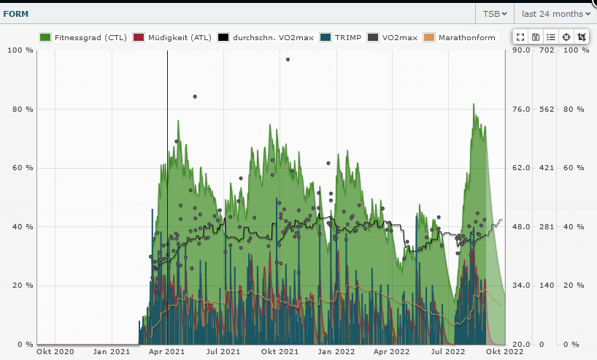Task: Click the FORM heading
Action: (16, 14)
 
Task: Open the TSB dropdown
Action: (495, 14)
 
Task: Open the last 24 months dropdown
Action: (555, 14)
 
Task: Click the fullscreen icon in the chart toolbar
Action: (520, 37)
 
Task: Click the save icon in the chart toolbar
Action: (536, 37)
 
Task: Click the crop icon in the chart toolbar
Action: (581, 37)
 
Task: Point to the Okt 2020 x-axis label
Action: (55, 352)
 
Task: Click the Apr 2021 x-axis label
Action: (167, 352)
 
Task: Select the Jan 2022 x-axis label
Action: (335, 352)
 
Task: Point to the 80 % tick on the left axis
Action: (21, 110)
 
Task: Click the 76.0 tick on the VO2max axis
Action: (519, 110)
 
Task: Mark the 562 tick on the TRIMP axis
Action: (547, 110)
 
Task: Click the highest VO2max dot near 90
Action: (288, 60)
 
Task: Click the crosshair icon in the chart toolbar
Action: (566, 37)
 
